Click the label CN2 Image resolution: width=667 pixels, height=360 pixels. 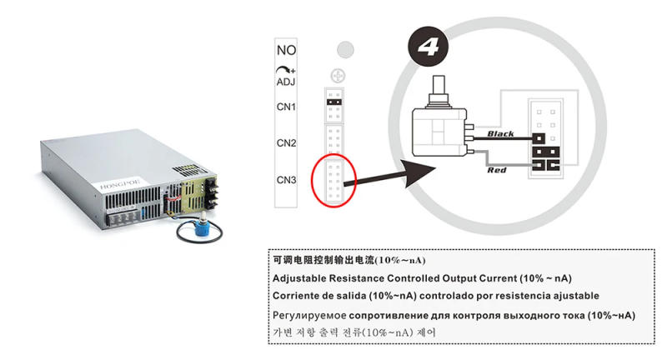pos(287,142)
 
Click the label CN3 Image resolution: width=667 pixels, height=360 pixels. pos(287,180)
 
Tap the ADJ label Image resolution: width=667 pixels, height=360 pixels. pos(286,82)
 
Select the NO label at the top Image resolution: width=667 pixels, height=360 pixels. pos(285,50)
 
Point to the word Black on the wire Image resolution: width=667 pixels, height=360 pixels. pos(503,133)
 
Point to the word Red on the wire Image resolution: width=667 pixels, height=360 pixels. pos(497,171)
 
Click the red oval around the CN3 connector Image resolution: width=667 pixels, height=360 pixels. pos(333,177)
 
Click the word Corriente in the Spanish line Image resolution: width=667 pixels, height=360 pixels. pos(297,296)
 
